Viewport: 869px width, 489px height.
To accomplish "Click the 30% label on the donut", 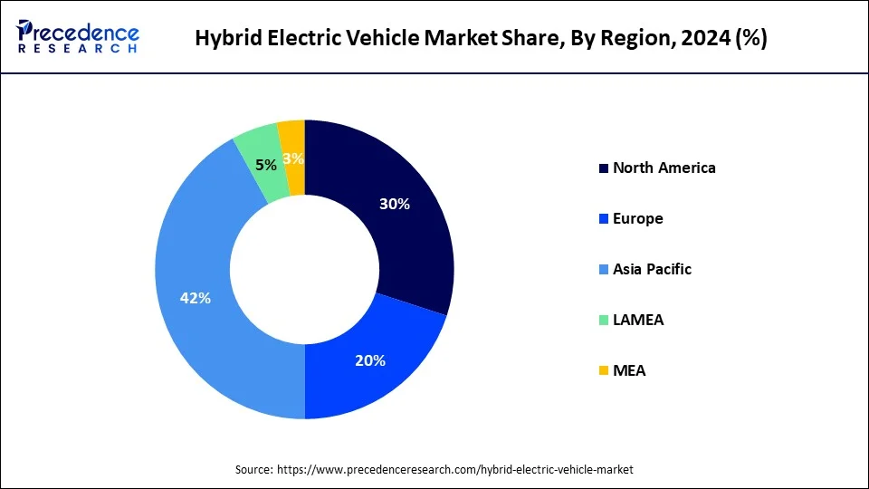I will pos(395,205).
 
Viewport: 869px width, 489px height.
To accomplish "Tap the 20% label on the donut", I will pos(370,360).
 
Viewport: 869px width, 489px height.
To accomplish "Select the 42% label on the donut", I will pos(196,298).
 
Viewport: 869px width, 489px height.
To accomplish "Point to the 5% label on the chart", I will pos(266,166).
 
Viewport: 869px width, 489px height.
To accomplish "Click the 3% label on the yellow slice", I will pos(292,158).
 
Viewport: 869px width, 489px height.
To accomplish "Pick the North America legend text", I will pos(664,168).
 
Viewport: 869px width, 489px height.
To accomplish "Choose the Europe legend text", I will pos(637,218).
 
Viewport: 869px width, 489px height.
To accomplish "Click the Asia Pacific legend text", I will pos(652,269).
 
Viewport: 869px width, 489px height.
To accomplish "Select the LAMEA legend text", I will pos(637,320).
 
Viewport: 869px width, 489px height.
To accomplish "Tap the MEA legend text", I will pos(629,370).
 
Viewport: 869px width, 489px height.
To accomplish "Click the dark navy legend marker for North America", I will pos(603,168).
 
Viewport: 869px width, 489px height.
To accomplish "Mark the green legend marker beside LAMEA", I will pos(603,321).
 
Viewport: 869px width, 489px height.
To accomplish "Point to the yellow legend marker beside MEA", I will pos(603,371).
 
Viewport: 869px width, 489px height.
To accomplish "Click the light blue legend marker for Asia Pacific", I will pos(603,270).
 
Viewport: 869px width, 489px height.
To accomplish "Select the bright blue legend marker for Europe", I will pos(603,219).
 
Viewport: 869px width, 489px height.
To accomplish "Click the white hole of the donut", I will pos(304,269).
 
